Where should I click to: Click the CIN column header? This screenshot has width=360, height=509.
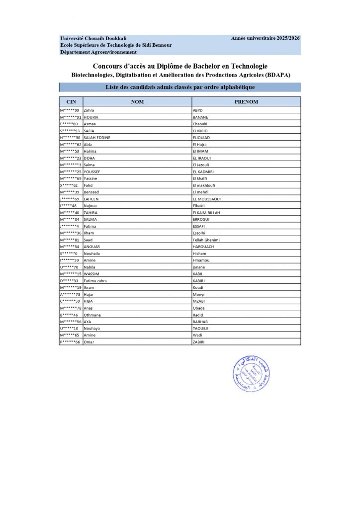[x=71, y=101]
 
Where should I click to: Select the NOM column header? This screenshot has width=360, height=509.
[x=137, y=101]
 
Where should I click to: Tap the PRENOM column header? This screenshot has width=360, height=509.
[x=246, y=101]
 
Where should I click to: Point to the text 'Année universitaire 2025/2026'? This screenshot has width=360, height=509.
[x=266, y=38]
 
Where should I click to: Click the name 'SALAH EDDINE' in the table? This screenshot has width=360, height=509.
[x=97, y=137]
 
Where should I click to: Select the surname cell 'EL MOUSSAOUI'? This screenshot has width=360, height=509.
[x=207, y=199]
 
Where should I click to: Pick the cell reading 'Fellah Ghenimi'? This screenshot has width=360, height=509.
[x=206, y=240]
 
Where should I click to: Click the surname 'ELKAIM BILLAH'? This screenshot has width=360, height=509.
[x=206, y=213]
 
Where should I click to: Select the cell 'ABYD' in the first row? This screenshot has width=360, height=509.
[x=198, y=110]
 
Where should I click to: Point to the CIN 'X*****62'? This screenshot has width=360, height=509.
[x=69, y=185]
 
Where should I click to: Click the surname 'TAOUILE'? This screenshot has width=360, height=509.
[x=200, y=329]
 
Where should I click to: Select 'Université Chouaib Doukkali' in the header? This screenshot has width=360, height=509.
[x=93, y=38]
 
